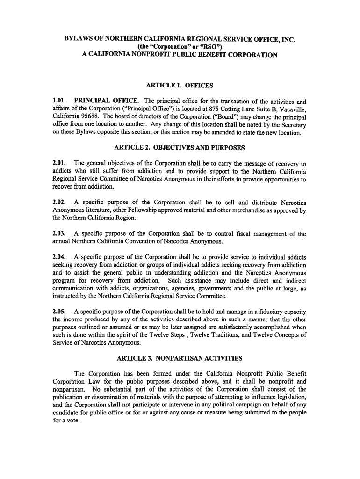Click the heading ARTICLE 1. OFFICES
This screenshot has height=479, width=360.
(180, 86)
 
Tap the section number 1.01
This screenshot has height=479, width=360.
(60, 101)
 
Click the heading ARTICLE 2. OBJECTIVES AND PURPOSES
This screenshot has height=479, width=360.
(180, 148)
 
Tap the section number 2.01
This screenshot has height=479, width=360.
(60, 164)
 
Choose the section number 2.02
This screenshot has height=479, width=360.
(60, 203)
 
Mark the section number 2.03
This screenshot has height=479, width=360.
(60, 234)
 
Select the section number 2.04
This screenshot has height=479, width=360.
(60, 257)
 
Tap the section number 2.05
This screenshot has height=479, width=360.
(60, 312)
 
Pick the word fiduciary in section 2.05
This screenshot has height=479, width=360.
(264, 312)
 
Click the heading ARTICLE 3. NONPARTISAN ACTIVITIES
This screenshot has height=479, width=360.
(180, 359)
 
